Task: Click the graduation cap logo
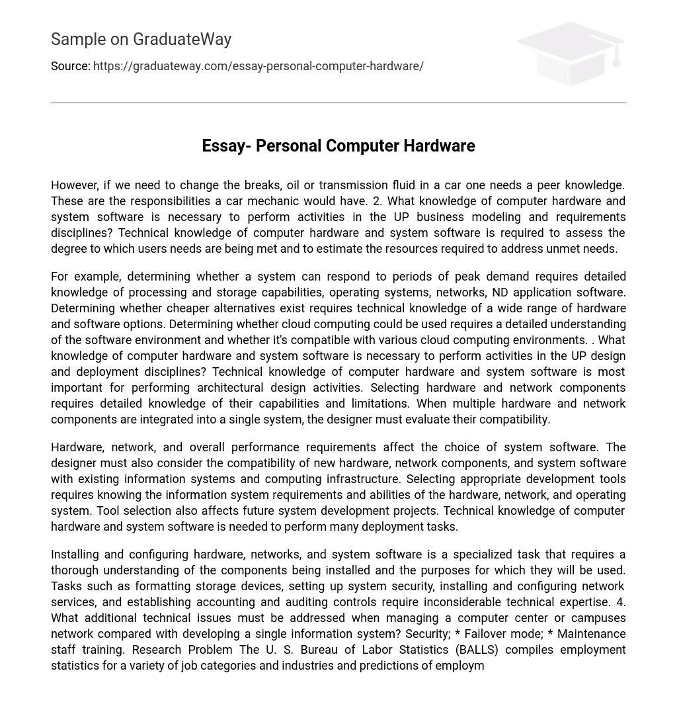click(x=571, y=53)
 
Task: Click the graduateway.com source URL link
click(x=258, y=66)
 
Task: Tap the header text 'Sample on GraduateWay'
click(x=141, y=40)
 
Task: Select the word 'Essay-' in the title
click(x=226, y=146)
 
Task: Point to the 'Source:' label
click(x=70, y=66)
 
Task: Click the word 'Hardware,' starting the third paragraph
click(x=76, y=447)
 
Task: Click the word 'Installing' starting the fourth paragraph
click(x=76, y=555)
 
